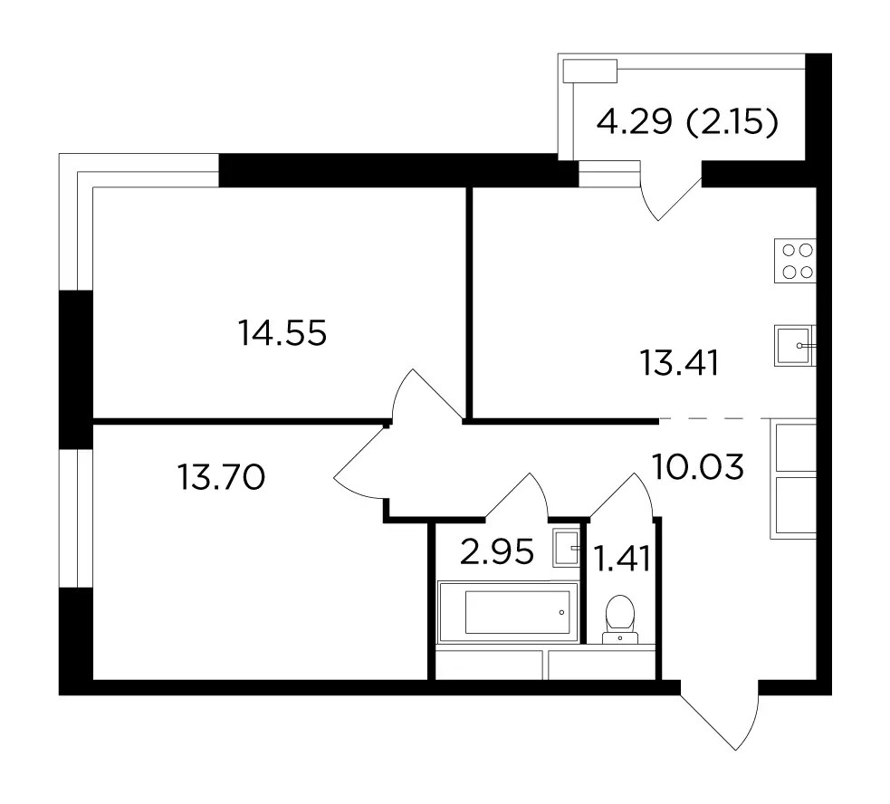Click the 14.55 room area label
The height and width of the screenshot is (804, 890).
point(282,332)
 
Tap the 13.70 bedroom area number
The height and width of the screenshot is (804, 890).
point(221,477)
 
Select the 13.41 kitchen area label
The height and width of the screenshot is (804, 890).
point(679,363)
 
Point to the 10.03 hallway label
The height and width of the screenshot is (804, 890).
point(697,467)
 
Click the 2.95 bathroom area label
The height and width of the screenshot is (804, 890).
point(497,552)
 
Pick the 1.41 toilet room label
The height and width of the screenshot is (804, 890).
point(621,560)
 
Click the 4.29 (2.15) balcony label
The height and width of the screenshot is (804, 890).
point(687,121)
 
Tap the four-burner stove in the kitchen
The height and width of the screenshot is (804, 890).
point(795,261)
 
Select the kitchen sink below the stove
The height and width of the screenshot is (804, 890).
point(795,345)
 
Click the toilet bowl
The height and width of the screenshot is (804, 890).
point(620,619)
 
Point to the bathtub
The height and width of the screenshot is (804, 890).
point(507,612)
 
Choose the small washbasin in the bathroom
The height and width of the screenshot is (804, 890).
point(567,548)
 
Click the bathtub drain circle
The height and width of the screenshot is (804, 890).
point(561,612)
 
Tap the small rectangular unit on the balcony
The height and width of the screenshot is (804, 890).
point(590,71)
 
